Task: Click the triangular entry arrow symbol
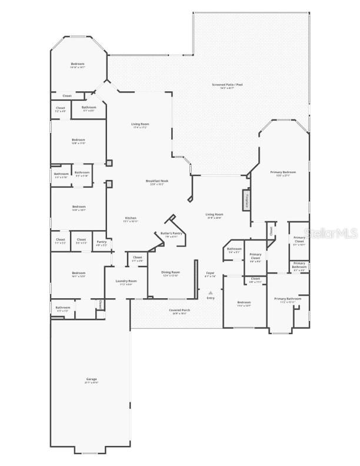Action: (x=210, y=292)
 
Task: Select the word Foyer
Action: (x=209, y=273)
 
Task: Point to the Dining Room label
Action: (x=171, y=272)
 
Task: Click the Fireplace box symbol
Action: (x=246, y=200)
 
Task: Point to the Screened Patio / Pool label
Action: (x=227, y=85)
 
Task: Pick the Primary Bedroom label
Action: (x=283, y=172)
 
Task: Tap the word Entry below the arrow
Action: (x=210, y=298)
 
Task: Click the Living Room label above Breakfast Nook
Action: (x=140, y=124)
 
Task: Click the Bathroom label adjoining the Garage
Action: (x=62, y=307)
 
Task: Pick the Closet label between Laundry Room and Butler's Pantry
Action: (x=138, y=257)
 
